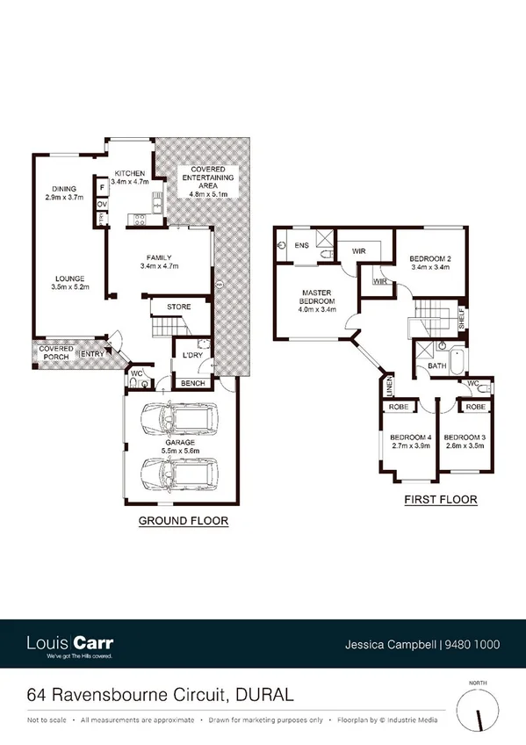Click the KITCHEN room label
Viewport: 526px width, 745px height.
point(131,173)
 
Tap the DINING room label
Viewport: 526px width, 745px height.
point(63,189)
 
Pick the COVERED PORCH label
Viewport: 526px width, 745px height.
point(56,354)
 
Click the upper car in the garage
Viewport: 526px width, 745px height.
point(179,421)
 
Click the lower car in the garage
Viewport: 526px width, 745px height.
point(179,474)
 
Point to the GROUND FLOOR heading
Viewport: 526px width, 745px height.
point(184,521)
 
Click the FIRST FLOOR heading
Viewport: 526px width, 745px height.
point(440,500)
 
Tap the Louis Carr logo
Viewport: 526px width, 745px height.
point(69,644)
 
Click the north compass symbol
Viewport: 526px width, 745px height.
point(479,707)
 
